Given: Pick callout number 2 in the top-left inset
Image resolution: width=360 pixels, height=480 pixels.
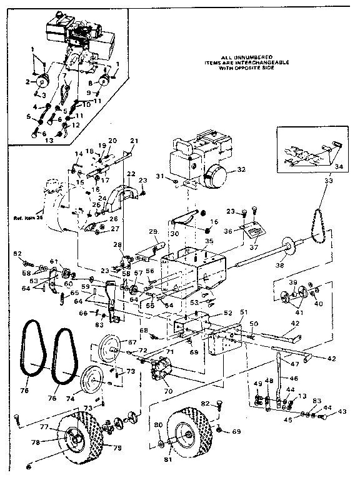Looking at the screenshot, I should pyautogui.click(x=27, y=82).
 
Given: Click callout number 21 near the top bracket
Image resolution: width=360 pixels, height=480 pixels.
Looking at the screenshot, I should pyautogui.click(x=133, y=140).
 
